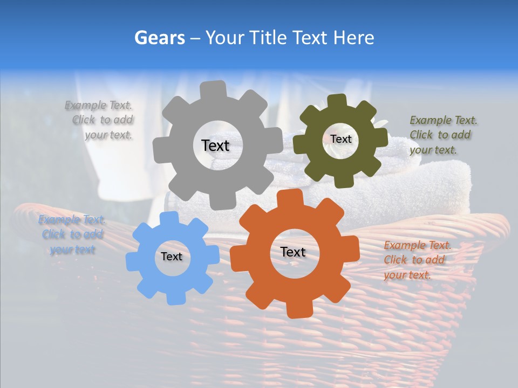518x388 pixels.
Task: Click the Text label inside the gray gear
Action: pos(215,145)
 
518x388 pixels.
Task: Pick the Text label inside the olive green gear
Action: pos(340,139)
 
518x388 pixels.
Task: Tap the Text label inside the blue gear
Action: pos(172,257)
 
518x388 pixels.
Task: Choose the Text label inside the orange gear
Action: pos(293,252)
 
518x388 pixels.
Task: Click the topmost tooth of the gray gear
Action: pos(213,89)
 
